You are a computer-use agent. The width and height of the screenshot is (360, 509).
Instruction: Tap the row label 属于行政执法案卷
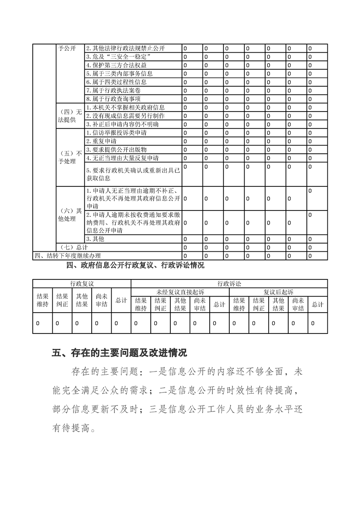point(113,91)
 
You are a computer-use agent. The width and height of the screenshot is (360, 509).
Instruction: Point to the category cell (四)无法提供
point(69,116)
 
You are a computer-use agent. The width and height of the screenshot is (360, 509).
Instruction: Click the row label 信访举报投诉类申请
point(116,133)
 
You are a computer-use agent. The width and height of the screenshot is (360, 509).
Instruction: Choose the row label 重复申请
point(102,141)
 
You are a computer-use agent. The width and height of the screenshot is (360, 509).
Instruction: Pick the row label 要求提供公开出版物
point(116,150)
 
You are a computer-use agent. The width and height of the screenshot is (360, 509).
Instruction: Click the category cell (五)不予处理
point(69,157)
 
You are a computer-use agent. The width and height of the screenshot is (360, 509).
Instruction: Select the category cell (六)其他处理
point(69,215)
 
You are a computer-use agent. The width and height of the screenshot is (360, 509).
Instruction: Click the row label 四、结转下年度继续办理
point(67,256)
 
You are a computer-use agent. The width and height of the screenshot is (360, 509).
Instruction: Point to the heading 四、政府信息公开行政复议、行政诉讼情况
point(135,265)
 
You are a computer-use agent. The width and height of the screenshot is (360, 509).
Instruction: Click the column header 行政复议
point(82,284)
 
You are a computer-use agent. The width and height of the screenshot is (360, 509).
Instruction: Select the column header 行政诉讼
point(229,284)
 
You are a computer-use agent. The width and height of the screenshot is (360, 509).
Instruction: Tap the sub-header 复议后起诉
point(278,292)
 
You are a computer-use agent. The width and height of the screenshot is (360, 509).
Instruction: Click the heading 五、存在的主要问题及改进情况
point(119,352)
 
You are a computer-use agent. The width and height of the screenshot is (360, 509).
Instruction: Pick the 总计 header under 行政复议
point(121,300)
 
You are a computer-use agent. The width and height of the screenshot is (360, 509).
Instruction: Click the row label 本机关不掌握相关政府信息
point(125,108)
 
